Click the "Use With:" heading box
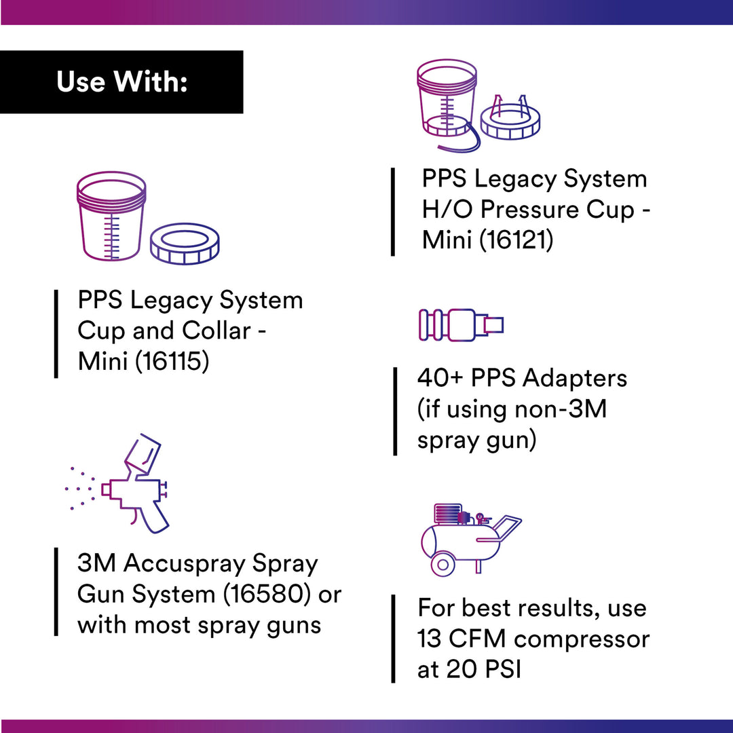click(x=121, y=82)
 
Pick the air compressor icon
click(x=468, y=540)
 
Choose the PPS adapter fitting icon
click(x=461, y=324)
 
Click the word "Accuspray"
click(x=187, y=564)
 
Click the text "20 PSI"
click(x=483, y=669)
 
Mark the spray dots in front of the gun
click(x=80, y=487)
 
